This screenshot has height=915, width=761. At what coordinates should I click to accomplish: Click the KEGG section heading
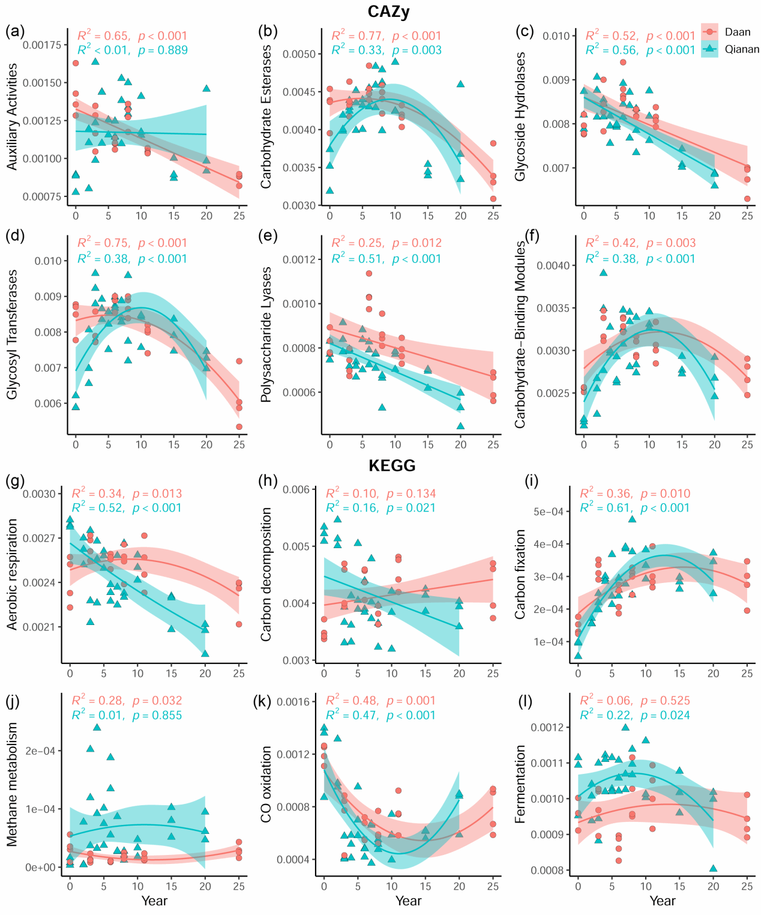coord(393,466)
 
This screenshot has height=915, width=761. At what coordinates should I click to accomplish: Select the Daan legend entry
coord(737,32)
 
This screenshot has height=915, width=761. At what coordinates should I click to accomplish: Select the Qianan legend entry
coord(742,49)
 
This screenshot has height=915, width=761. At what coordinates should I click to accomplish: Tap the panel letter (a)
coord(14,31)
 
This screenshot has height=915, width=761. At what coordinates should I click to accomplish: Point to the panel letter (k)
coord(268,701)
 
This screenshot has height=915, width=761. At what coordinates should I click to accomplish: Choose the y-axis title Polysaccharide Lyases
coord(266,334)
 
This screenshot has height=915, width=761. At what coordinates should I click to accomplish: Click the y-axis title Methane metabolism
coord(13,784)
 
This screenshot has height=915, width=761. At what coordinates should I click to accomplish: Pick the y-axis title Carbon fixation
coord(520,574)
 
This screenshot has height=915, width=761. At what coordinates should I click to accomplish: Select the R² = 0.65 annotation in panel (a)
coord(103,36)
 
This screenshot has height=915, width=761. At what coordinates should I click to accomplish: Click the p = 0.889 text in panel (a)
coord(163,51)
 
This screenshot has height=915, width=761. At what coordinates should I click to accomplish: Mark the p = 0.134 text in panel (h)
coord(411,494)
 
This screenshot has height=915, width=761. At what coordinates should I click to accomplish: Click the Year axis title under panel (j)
coord(154,901)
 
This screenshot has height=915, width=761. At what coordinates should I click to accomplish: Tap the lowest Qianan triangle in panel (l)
coord(713,868)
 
